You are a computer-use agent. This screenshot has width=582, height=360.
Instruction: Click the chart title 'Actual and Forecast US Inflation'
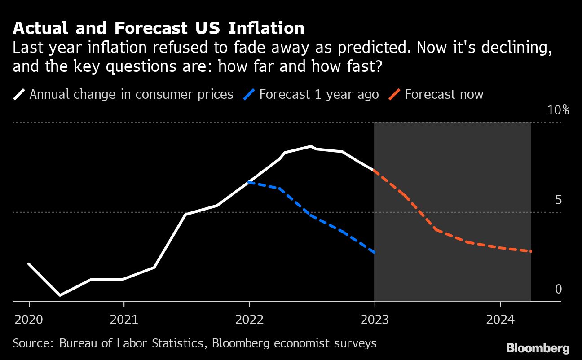pyautogui.click(x=159, y=28)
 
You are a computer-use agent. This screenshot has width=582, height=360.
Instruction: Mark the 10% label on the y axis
pyautogui.click(x=558, y=110)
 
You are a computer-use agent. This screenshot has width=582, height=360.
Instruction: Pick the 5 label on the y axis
pyautogui.click(x=558, y=200)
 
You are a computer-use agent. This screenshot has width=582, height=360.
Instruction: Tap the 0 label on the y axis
pyautogui.click(x=558, y=290)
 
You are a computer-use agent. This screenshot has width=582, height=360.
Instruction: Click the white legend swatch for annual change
pyautogui.click(x=19, y=94)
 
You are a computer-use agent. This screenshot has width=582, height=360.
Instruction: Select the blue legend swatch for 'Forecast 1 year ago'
pyautogui.click(x=249, y=94)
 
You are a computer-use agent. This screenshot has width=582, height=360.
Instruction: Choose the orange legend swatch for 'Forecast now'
pyautogui.click(x=394, y=94)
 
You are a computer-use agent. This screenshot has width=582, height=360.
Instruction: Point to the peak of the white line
pyautogui.click(x=311, y=146)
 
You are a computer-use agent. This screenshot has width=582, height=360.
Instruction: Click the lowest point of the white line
pyautogui.click(x=60, y=295)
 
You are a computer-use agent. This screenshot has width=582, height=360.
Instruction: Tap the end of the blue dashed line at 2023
pyautogui.click(x=374, y=253)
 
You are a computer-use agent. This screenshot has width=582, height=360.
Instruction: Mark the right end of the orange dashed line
pyautogui.click(x=531, y=251)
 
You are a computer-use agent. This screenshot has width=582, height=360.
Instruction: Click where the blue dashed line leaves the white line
pyautogui.click(x=249, y=182)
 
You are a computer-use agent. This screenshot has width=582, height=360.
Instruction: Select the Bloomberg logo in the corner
pyautogui.click(x=538, y=348)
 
